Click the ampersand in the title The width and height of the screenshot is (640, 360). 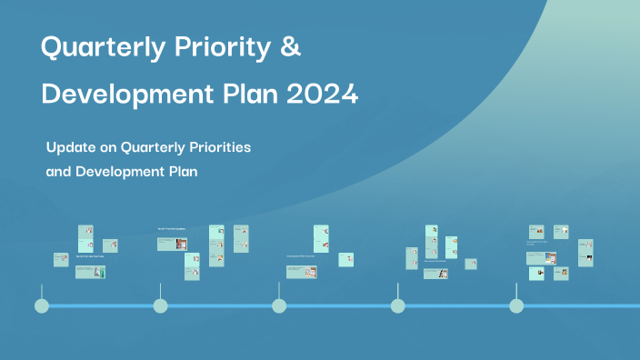click(290, 48)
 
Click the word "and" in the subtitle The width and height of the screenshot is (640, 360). click(59, 171)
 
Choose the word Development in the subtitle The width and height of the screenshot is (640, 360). click(124, 171)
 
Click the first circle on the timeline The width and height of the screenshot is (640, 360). click(42, 305)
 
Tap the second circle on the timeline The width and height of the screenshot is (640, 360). click(161, 305)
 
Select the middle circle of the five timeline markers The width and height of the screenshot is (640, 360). click(279, 305)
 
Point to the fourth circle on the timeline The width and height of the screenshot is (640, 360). click(397, 305)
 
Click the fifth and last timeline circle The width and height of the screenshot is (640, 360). click(516, 305)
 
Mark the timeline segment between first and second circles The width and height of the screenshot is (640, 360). click(101, 305)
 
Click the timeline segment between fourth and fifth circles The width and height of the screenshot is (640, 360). click(456, 305)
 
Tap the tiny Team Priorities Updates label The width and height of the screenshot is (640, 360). click(172, 228)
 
